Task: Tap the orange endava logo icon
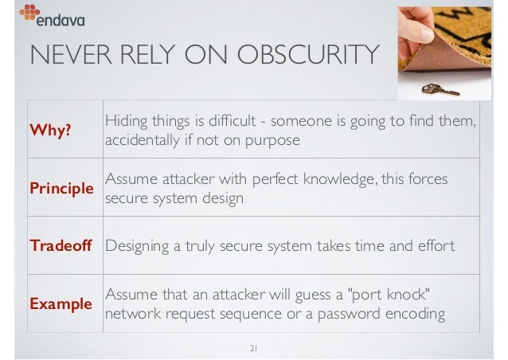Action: point(29,12)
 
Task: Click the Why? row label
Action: point(49,131)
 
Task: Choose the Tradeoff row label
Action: point(61,246)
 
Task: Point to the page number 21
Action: point(255,347)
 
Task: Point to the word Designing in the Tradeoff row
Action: point(139,246)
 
